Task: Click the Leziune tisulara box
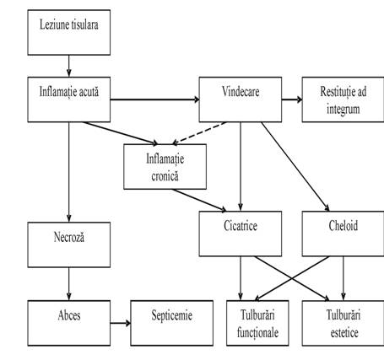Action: click(69, 32)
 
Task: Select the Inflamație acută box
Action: click(69, 99)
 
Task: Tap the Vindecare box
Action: click(241, 99)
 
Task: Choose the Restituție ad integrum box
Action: click(343, 99)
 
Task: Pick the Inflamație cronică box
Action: click(165, 167)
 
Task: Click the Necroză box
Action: click(69, 244)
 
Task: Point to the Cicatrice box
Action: click(241, 234)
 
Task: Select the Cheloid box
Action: click(343, 234)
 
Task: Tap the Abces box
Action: click(69, 323)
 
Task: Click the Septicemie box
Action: click(171, 323)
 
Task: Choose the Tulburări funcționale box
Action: click(257, 323)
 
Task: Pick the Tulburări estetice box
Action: click(343, 323)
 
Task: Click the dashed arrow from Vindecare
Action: click(199, 133)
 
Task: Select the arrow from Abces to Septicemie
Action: click(121, 323)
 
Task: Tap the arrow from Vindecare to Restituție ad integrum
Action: click(292, 99)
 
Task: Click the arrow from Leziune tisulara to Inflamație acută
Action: click(69, 66)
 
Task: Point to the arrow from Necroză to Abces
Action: click(69, 284)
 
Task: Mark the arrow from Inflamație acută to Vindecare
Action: click(154, 99)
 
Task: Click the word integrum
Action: click(343, 110)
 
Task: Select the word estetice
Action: click(344, 333)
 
